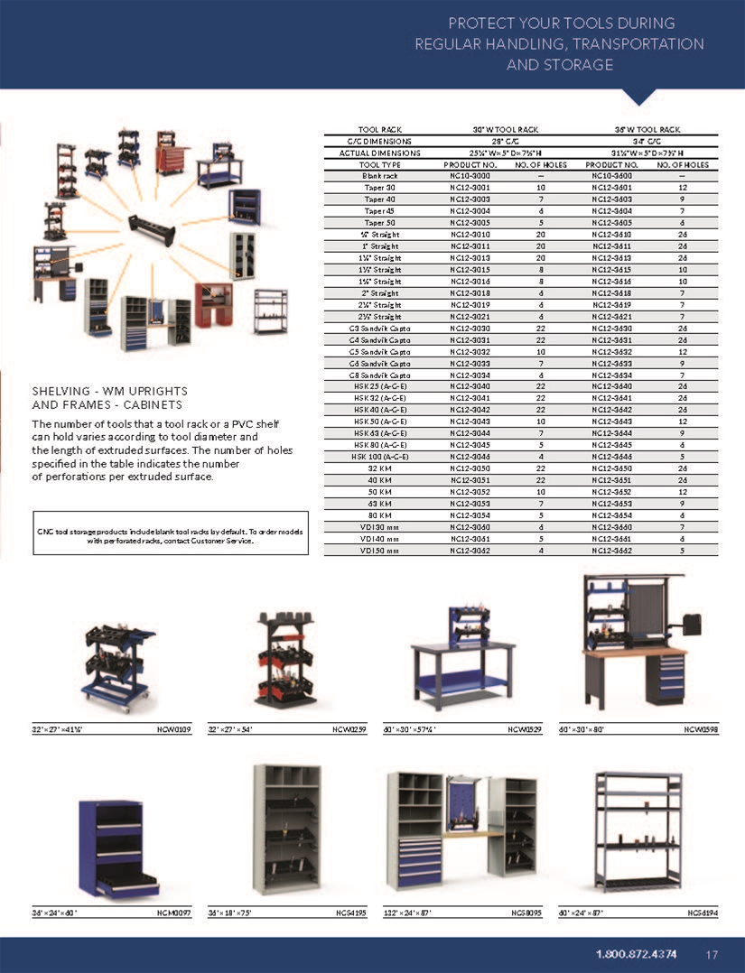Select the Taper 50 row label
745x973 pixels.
379,222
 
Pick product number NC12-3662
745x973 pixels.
610,551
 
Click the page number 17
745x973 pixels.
712,954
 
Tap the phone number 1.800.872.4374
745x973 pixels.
637,954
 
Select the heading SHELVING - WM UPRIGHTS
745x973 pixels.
109,391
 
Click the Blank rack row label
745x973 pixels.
379,175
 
